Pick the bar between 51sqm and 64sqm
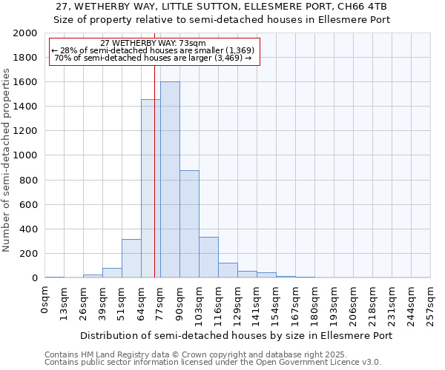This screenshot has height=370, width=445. tap(131, 258)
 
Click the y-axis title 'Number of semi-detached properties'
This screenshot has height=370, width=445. tap(7, 160)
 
